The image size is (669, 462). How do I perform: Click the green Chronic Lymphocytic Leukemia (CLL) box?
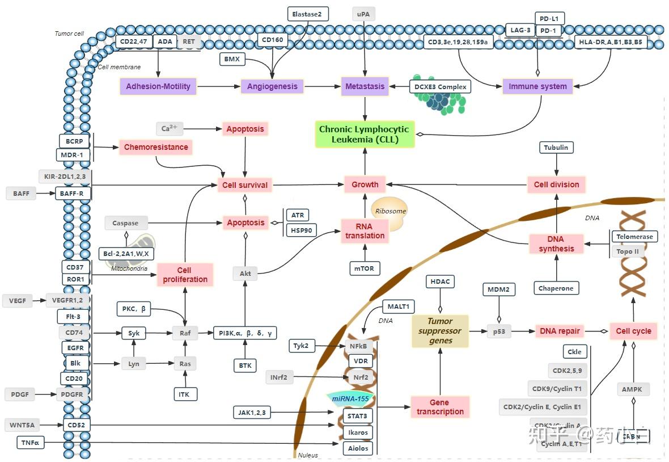365,134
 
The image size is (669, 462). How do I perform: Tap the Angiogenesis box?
272,86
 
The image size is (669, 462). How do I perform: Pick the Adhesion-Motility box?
158,86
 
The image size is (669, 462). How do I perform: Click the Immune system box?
537,86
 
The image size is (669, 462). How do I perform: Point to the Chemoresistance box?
156,147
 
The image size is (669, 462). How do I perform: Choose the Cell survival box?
245,184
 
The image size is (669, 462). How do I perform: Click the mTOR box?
365,268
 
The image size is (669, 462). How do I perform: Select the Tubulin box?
556,148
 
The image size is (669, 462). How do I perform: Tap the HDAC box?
440,282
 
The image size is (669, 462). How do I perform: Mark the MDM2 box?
499,289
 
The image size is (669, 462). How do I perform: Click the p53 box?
499,331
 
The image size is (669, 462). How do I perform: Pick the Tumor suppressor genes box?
440,331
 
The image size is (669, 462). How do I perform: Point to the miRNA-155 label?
350,399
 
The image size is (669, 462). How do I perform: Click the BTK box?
245,366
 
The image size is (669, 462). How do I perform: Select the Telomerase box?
634,236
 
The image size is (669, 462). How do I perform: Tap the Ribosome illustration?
389,212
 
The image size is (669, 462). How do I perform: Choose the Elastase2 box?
307,14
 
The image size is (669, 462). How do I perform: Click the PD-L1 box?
549,19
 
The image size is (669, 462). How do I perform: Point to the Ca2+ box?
170,128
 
